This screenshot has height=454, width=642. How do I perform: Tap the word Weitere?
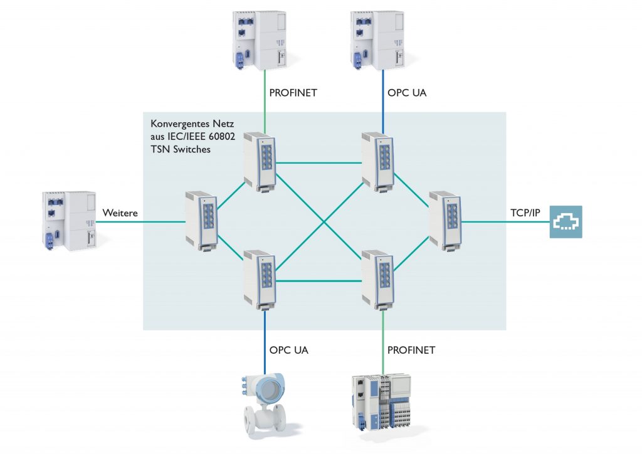point(120,214)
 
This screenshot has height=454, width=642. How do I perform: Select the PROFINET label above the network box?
point(293,93)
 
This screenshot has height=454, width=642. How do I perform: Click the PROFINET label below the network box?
point(411,349)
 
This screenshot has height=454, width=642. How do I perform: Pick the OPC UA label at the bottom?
point(289,349)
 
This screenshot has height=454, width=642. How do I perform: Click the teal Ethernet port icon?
point(566,222)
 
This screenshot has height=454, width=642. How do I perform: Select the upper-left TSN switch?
point(260,161)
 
